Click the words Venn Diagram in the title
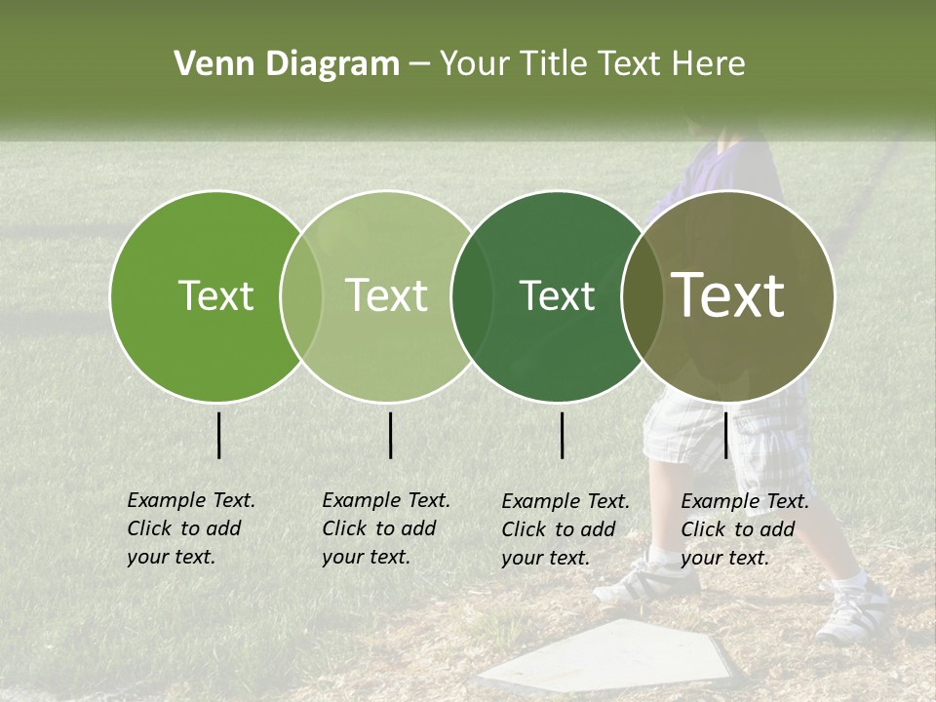point(286,64)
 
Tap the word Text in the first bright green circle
point(215,295)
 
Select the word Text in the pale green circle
point(386,295)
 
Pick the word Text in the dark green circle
point(557,295)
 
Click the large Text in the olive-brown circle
point(728,295)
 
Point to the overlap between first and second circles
point(301,295)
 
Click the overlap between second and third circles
point(471,295)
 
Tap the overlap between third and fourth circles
point(642,295)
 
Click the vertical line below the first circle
point(219,435)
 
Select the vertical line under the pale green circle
point(391,435)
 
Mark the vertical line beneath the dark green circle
point(563,435)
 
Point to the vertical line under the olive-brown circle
point(725,435)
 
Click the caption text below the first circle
point(191,528)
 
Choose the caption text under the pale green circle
point(386,528)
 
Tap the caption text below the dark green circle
point(565,529)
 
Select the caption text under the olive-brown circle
point(745,529)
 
